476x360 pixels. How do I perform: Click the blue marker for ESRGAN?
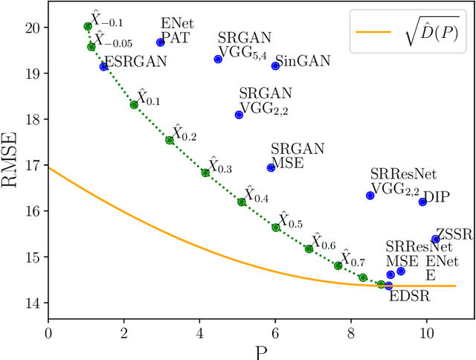pos(103,67)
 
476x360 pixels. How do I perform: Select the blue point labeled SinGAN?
pos(275,66)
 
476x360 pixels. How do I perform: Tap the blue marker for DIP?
pos(422,202)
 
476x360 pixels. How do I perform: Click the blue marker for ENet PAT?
pos(160,42)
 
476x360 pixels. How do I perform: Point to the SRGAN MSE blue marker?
pos(271,167)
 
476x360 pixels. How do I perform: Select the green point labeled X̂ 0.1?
pos(134,105)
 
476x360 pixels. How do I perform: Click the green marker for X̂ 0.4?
pos(241,202)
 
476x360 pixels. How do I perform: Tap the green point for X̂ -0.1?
pos(88,26)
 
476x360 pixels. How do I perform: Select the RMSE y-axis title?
pos(10,163)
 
